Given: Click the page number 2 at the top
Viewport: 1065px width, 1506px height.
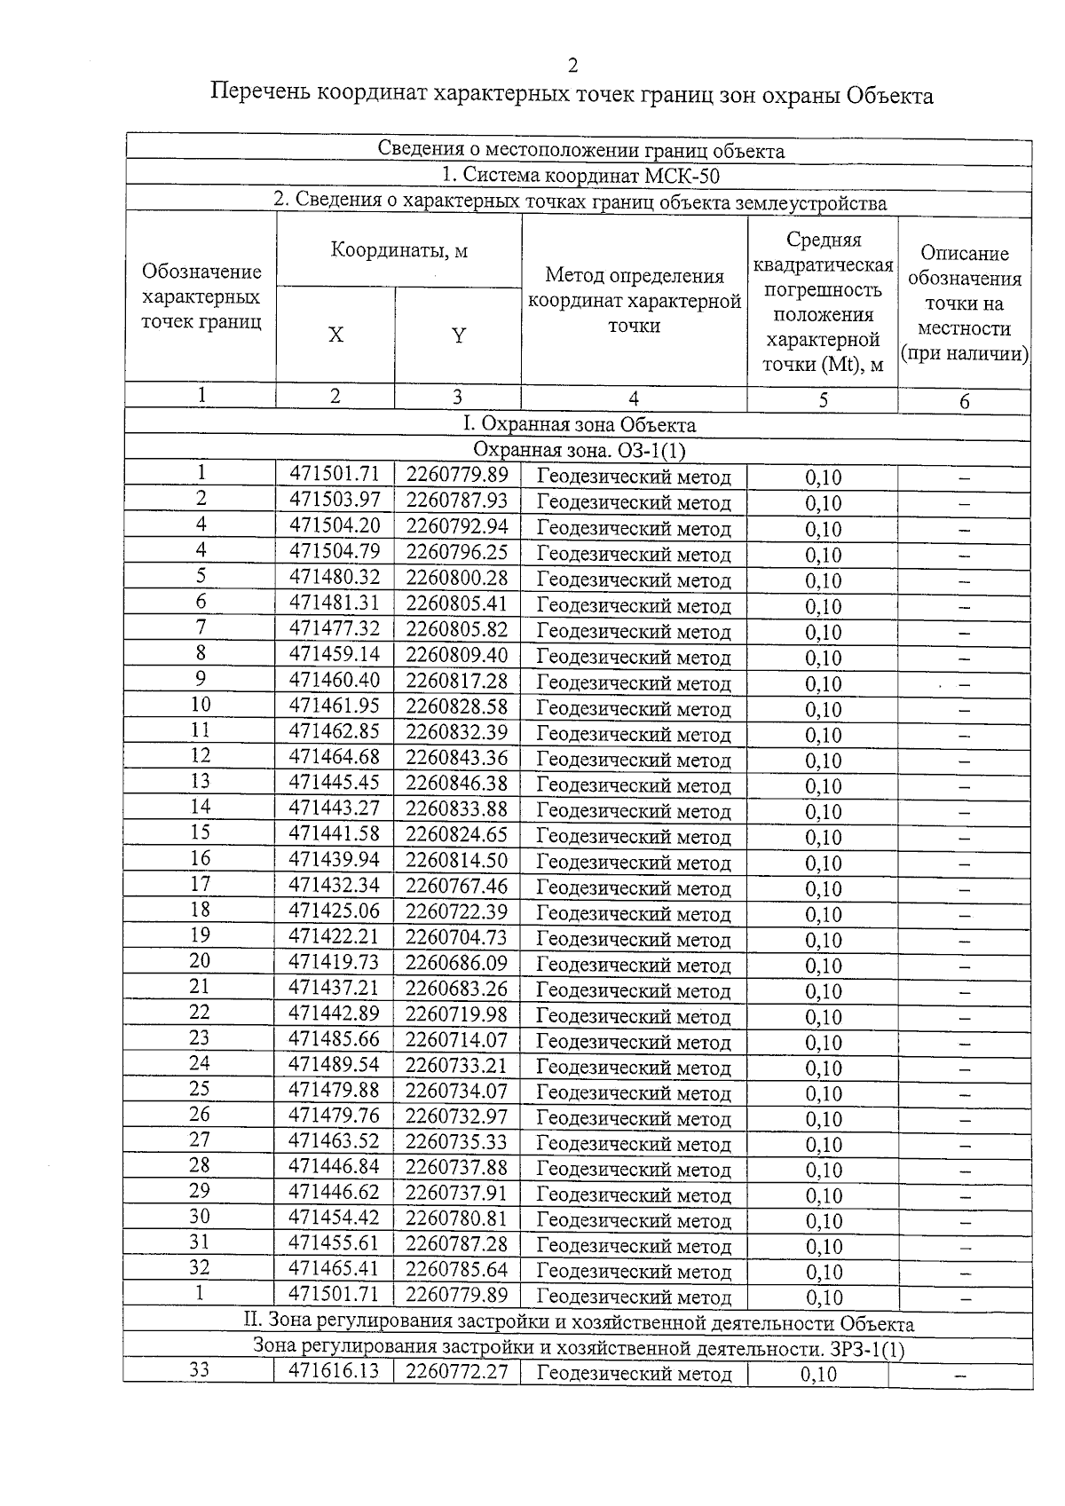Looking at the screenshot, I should point(572,66).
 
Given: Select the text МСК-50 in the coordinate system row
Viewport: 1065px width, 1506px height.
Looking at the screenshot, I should point(682,176).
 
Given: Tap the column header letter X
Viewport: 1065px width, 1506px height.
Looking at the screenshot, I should point(335,335).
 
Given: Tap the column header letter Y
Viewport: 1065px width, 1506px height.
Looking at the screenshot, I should point(458,335).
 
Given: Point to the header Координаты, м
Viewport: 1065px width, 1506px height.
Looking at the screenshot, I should point(398,250).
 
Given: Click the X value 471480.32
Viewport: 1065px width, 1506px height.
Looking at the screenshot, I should point(335,578).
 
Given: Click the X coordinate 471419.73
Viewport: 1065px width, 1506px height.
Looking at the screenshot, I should point(335,963).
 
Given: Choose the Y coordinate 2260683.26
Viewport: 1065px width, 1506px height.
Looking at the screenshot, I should point(457,989).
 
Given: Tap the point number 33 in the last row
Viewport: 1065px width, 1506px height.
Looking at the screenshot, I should point(200,1370).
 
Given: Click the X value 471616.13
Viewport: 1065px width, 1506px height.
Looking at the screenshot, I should point(335,1371).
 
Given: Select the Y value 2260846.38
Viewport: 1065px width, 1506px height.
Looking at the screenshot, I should point(457,784).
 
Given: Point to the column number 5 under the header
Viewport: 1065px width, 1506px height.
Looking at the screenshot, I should point(823,400).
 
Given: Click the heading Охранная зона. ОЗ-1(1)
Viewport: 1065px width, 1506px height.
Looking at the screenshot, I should point(580,451).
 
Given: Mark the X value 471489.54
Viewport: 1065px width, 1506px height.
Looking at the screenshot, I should point(335,1065).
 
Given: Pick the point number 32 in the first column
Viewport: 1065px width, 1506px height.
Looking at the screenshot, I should point(201,1268).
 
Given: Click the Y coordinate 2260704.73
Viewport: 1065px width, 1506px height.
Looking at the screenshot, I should point(457,937).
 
